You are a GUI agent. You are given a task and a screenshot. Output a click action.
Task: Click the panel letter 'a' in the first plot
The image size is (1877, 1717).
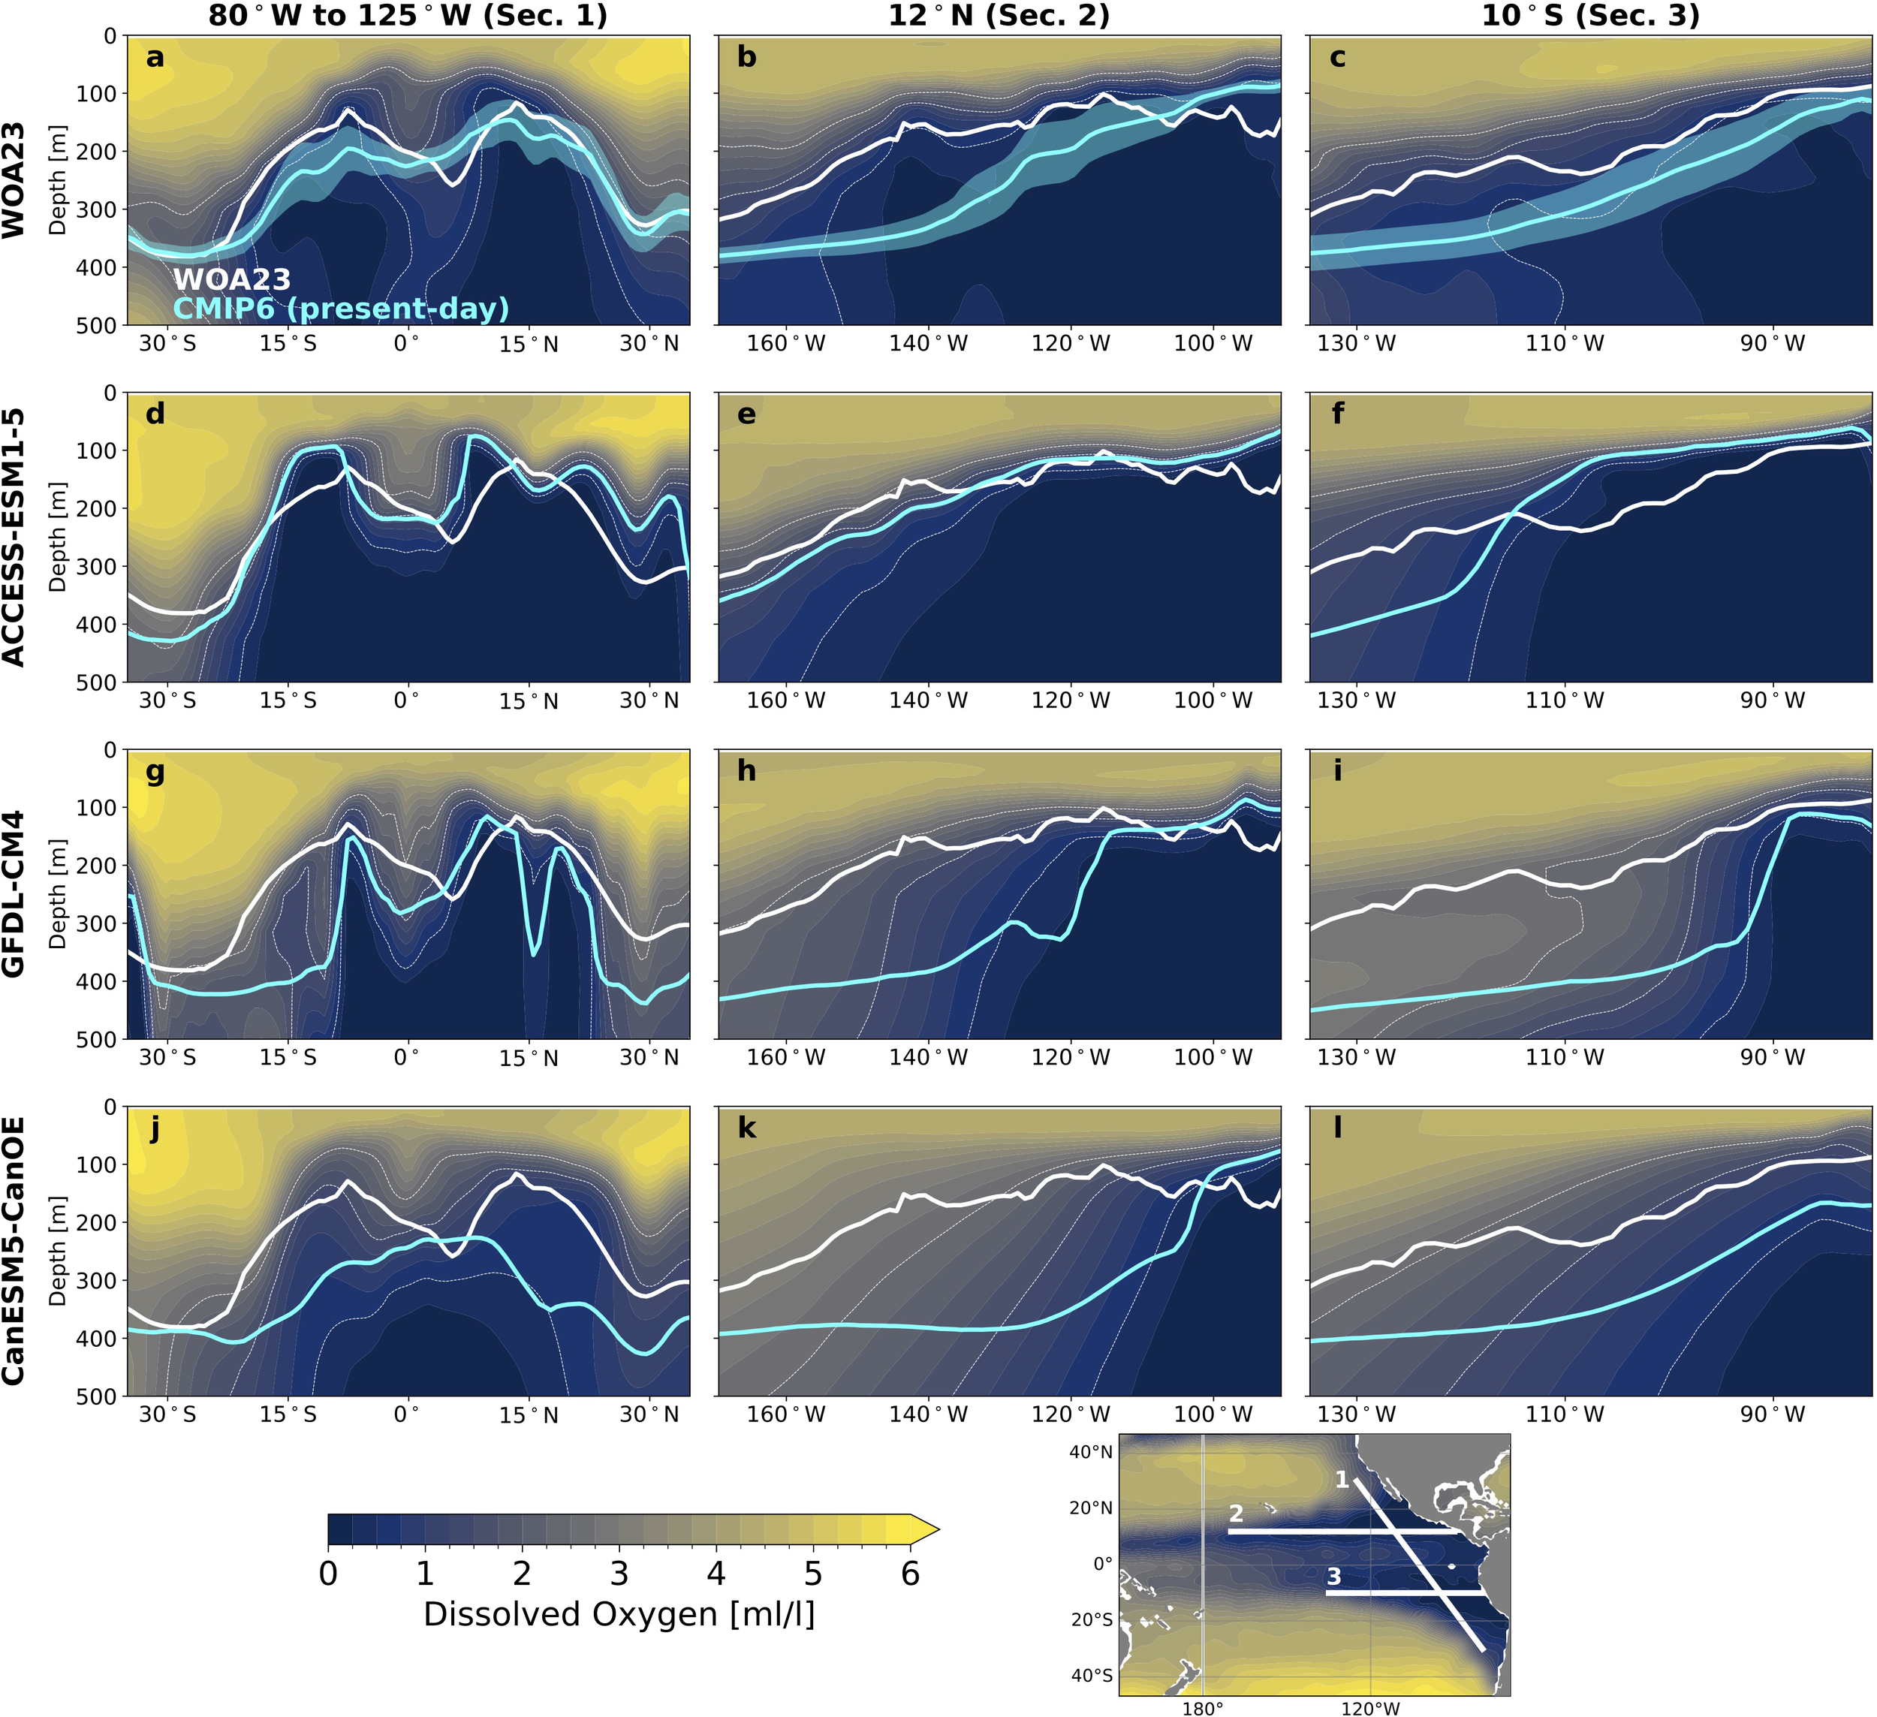155,59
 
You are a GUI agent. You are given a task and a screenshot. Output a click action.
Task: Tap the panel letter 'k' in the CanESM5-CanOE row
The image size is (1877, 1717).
747,1129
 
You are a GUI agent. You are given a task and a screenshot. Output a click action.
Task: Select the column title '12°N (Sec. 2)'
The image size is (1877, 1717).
999,16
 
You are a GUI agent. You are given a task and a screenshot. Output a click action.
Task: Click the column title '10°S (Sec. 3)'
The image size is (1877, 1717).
1590,16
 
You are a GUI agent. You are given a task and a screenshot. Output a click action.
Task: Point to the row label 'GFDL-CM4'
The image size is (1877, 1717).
14,894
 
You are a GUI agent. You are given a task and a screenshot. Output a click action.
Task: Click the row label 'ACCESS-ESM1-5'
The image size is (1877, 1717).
14,538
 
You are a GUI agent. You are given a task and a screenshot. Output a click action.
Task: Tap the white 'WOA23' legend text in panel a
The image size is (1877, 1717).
232,279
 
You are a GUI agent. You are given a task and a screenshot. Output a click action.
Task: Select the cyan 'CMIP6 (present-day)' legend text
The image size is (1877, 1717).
341,309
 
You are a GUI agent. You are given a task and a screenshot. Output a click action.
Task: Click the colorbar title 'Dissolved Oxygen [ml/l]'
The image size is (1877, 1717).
619,1613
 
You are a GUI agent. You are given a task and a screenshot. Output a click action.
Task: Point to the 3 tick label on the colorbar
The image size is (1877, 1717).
619,1574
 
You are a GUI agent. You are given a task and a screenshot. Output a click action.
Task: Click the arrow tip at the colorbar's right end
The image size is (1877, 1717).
935,1528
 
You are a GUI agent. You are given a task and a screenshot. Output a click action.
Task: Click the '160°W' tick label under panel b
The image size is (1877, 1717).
786,344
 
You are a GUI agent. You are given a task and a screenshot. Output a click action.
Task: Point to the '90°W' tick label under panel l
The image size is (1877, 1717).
1773,1414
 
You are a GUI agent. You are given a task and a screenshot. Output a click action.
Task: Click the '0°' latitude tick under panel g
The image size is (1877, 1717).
406,1058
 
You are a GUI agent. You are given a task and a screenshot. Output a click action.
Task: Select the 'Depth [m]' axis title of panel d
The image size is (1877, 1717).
58,538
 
